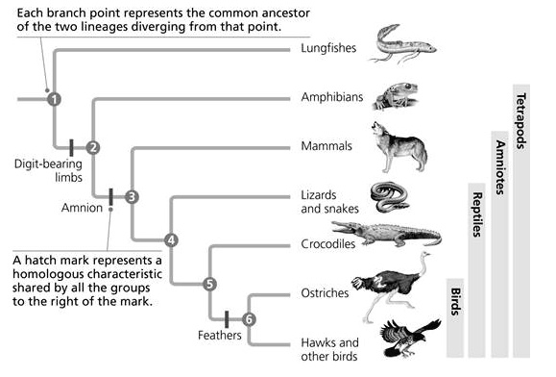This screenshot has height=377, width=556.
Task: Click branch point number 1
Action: coord(54,97)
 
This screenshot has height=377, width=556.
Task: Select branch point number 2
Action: coord(93,147)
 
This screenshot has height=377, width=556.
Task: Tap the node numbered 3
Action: coord(133,196)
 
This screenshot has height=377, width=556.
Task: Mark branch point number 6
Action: coord(249,318)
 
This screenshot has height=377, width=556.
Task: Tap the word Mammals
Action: coord(325,147)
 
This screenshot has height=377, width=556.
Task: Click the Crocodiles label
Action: coord(328,244)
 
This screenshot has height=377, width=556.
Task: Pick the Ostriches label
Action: coord(325,293)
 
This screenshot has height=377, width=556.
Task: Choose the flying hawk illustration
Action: coord(404,340)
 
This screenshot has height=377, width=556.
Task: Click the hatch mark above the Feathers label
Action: coord(227,318)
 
